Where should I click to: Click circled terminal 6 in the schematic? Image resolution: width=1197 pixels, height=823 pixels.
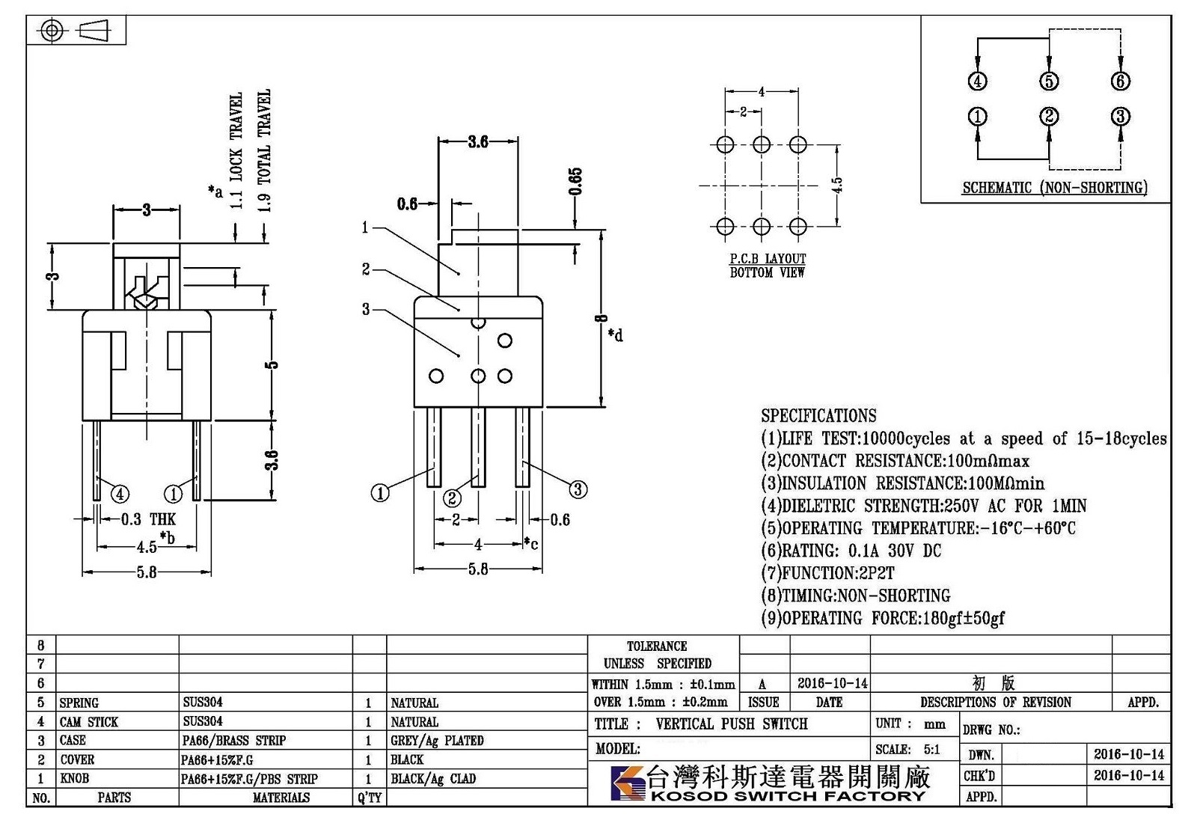[x=1120, y=82]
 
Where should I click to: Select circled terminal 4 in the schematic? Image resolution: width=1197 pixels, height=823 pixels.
[x=977, y=82]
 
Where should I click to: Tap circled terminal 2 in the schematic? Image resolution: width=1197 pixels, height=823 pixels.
[x=1048, y=117]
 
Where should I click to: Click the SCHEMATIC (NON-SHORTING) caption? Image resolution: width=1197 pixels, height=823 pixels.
[x=1054, y=188]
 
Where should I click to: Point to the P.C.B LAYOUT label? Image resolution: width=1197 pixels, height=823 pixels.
[x=768, y=259]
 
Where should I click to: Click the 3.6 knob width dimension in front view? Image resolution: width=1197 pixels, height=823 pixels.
[x=478, y=141]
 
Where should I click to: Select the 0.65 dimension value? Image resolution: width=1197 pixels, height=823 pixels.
[x=575, y=182]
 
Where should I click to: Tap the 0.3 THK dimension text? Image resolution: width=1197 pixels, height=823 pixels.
[x=148, y=519]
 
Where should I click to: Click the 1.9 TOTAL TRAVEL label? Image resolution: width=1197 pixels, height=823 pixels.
[x=264, y=150]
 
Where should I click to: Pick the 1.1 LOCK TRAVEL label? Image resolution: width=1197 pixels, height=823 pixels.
[x=236, y=150]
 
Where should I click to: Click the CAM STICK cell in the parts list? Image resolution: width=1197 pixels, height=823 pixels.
[x=89, y=722]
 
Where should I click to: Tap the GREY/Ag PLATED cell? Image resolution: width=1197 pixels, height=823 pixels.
[x=437, y=741]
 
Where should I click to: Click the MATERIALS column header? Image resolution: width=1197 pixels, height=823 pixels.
[x=281, y=798]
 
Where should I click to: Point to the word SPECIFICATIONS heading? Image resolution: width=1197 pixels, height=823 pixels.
[x=818, y=415]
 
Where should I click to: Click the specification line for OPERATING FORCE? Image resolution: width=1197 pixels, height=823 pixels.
[x=883, y=618]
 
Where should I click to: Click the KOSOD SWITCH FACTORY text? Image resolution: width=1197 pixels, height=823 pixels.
[x=787, y=796]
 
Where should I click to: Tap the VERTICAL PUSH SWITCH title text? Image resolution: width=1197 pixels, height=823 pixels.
[x=732, y=724]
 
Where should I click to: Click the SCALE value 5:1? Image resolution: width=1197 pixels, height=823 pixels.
[x=932, y=749]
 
